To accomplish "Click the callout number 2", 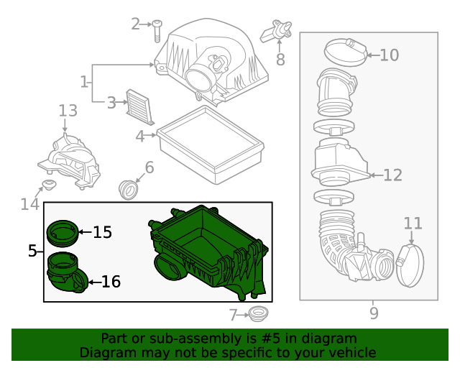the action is [x=135, y=24].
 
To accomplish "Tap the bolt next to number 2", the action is [x=157, y=31].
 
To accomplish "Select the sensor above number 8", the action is [x=276, y=30].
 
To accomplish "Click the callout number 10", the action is [x=390, y=55].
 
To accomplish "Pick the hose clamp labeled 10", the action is [x=346, y=52].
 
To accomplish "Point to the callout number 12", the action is [x=393, y=175].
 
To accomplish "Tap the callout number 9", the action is [x=374, y=313].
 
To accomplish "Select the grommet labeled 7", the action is [x=258, y=314].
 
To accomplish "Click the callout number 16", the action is [x=111, y=282].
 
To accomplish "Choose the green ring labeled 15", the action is [x=63, y=234].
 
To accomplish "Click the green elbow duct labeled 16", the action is [x=67, y=272].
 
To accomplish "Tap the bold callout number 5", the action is [x=32, y=251].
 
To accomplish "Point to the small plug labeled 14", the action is [x=49, y=185].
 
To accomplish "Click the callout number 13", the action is [x=68, y=111].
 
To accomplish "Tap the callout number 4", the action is [x=140, y=137].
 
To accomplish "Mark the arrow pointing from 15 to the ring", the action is [x=85, y=232].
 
